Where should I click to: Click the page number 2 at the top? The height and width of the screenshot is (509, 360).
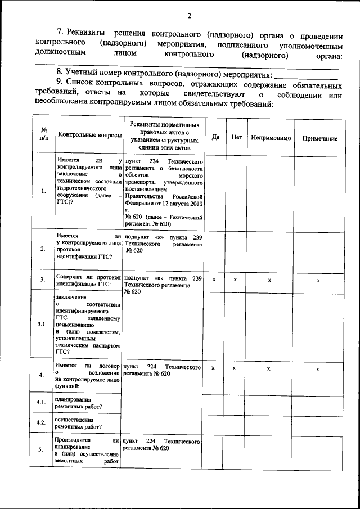pyautogui.click(x=190, y=15)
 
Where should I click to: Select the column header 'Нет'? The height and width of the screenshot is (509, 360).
pyautogui.click(x=236, y=137)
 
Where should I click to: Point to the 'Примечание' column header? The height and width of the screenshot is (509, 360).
pyautogui.click(x=319, y=138)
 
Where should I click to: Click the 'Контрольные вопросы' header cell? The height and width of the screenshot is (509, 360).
pyautogui.click(x=89, y=136)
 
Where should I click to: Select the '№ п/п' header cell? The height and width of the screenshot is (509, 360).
pyautogui.click(x=43, y=134)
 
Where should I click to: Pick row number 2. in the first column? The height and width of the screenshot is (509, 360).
pyautogui.click(x=43, y=249)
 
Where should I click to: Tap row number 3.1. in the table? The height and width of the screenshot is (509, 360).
pyautogui.click(x=42, y=325)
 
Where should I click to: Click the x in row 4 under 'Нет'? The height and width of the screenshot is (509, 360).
pyautogui.click(x=235, y=368)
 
